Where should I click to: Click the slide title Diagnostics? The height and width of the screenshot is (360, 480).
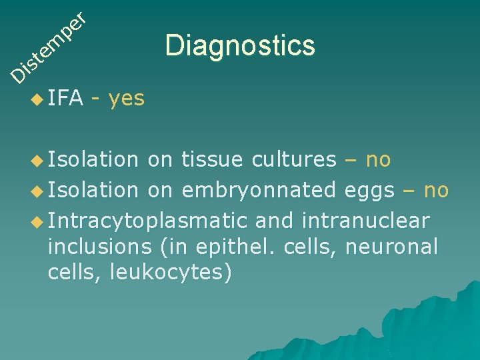click(240, 46)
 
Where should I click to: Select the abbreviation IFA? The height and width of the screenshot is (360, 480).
click(65, 99)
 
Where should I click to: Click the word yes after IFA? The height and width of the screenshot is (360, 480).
click(126, 99)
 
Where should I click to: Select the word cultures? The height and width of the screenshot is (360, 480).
click(294, 160)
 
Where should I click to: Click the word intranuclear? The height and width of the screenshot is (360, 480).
click(365, 219)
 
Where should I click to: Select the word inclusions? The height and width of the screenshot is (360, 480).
click(100, 247)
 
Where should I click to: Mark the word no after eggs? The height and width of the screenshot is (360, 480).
click(436, 191)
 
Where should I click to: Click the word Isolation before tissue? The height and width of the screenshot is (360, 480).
click(93, 160)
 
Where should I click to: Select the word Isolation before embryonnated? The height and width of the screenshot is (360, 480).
click(93, 191)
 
